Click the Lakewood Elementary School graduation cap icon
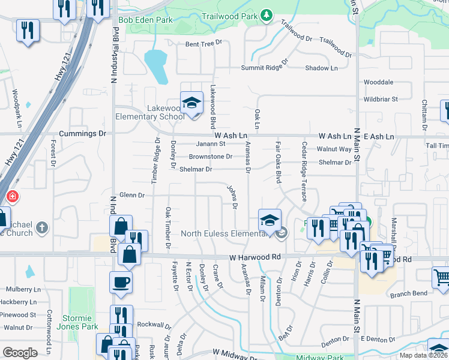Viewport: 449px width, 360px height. pyautogui.click(x=192, y=103)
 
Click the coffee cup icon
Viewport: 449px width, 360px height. pyautogui.click(x=121, y=281)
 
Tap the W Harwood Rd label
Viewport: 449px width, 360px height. pyautogui.click(x=255, y=257)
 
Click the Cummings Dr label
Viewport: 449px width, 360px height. pyautogui.click(x=82, y=134)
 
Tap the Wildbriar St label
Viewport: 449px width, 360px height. pyautogui.click(x=381, y=99)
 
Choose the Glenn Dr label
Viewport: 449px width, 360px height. pyautogui.click(x=132, y=195)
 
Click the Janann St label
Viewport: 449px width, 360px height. pyautogui.click(x=211, y=144)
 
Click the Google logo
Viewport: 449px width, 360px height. pyautogui.click(x=20, y=353)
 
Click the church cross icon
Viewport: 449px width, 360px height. pyautogui.click(x=41, y=227)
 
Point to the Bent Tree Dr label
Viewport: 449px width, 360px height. pyautogui.click(x=203, y=44)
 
